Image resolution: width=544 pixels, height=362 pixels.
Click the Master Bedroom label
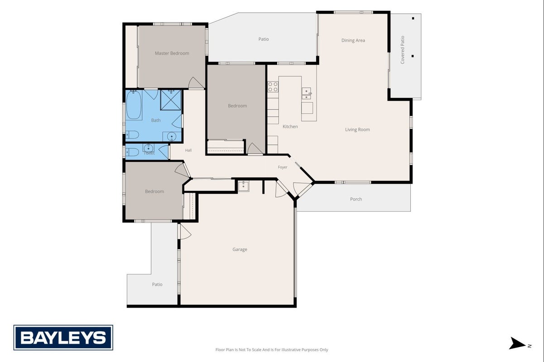(172, 53)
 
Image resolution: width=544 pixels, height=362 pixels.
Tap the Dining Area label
(353, 41)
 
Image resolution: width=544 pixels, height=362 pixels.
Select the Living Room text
(357, 129)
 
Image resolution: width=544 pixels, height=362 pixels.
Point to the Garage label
(240, 249)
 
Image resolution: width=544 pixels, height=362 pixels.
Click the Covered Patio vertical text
(402, 50)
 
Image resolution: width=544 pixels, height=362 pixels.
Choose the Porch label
(356, 199)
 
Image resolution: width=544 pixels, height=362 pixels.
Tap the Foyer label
(283, 167)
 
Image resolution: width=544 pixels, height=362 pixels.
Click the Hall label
(188, 150)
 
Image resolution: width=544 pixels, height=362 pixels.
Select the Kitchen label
(290, 126)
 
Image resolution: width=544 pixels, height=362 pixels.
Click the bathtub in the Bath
(134, 105)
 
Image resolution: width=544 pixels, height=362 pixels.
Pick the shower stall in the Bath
(170, 100)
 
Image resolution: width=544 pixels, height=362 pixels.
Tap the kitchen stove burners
(273, 87)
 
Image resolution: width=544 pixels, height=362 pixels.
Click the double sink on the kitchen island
(307, 93)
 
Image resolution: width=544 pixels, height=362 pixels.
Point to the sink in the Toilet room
(148, 148)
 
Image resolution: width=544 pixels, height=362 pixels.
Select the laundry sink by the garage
(243, 186)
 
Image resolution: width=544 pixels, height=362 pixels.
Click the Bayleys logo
(63, 338)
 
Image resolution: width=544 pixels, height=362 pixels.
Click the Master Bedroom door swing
(196, 83)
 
